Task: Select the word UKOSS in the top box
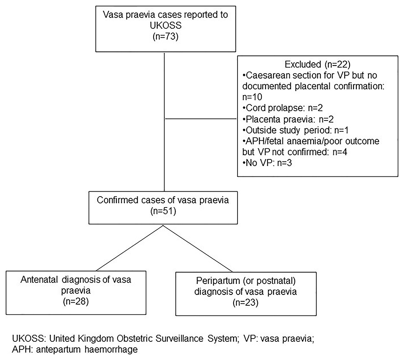pyautogui.click(x=165, y=28)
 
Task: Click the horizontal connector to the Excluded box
pyautogui.click(x=200, y=119)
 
